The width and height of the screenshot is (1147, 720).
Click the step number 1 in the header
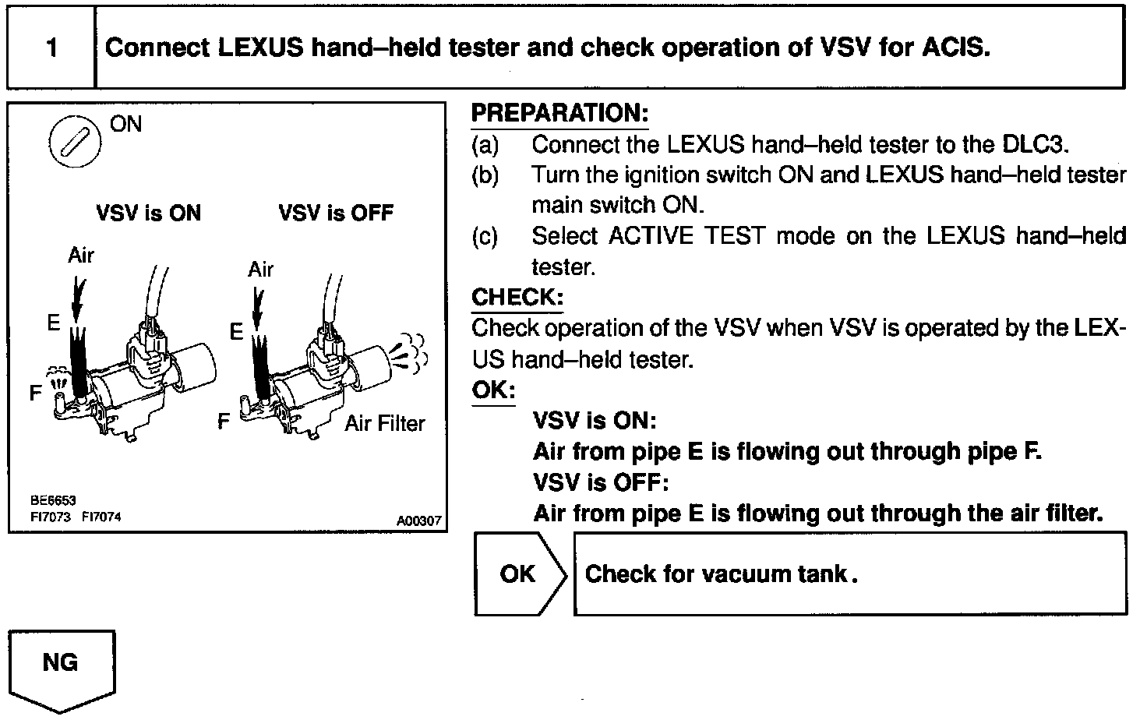[x=51, y=48]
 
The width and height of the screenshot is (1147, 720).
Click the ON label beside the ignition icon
[x=125, y=125]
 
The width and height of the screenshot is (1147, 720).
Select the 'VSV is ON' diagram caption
[x=148, y=214]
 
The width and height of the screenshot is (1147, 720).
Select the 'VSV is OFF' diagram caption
[x=336, y=214]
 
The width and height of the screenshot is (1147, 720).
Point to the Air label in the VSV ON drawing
[x=81, y=256]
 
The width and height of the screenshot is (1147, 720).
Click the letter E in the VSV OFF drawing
[x=236, y=333]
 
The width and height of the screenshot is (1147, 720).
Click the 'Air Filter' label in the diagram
[x=385, y=424]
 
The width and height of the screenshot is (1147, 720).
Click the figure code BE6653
[x=53, y=500]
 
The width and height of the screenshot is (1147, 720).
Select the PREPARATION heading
[x=559, y=114]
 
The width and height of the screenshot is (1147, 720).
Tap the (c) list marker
[x=485, y=236]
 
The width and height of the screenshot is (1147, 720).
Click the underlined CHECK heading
[x=517, y=298]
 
